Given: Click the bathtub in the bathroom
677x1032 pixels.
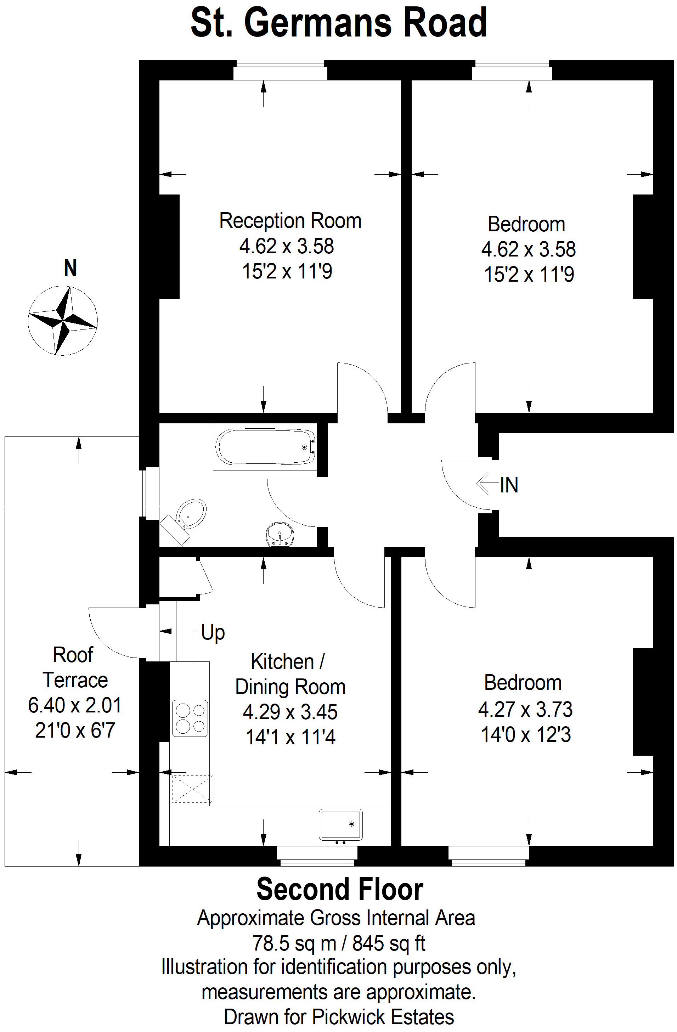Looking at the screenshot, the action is (265, 447).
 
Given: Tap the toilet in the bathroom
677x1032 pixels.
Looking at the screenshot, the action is (184, 520).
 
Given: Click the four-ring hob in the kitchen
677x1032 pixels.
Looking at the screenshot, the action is (190, 718).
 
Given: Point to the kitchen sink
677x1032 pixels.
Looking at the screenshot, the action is (340, 825).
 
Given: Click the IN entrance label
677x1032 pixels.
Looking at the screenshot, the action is (509, 484).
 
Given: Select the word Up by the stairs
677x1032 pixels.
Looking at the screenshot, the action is (213, 633).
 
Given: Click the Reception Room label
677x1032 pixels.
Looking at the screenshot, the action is (290, 220).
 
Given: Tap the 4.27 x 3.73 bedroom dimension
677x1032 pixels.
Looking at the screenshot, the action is (525, 709).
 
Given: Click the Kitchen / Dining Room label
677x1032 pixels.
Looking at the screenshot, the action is (290, 674).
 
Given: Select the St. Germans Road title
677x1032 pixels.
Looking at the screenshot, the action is (339, 23).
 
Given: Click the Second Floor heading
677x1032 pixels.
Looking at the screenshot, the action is (340, 889).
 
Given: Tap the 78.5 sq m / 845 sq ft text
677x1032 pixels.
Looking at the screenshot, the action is (339, 943).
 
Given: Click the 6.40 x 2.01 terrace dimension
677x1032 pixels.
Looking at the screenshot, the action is (75, 705).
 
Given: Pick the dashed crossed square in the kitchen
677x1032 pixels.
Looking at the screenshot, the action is (193, 789).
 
